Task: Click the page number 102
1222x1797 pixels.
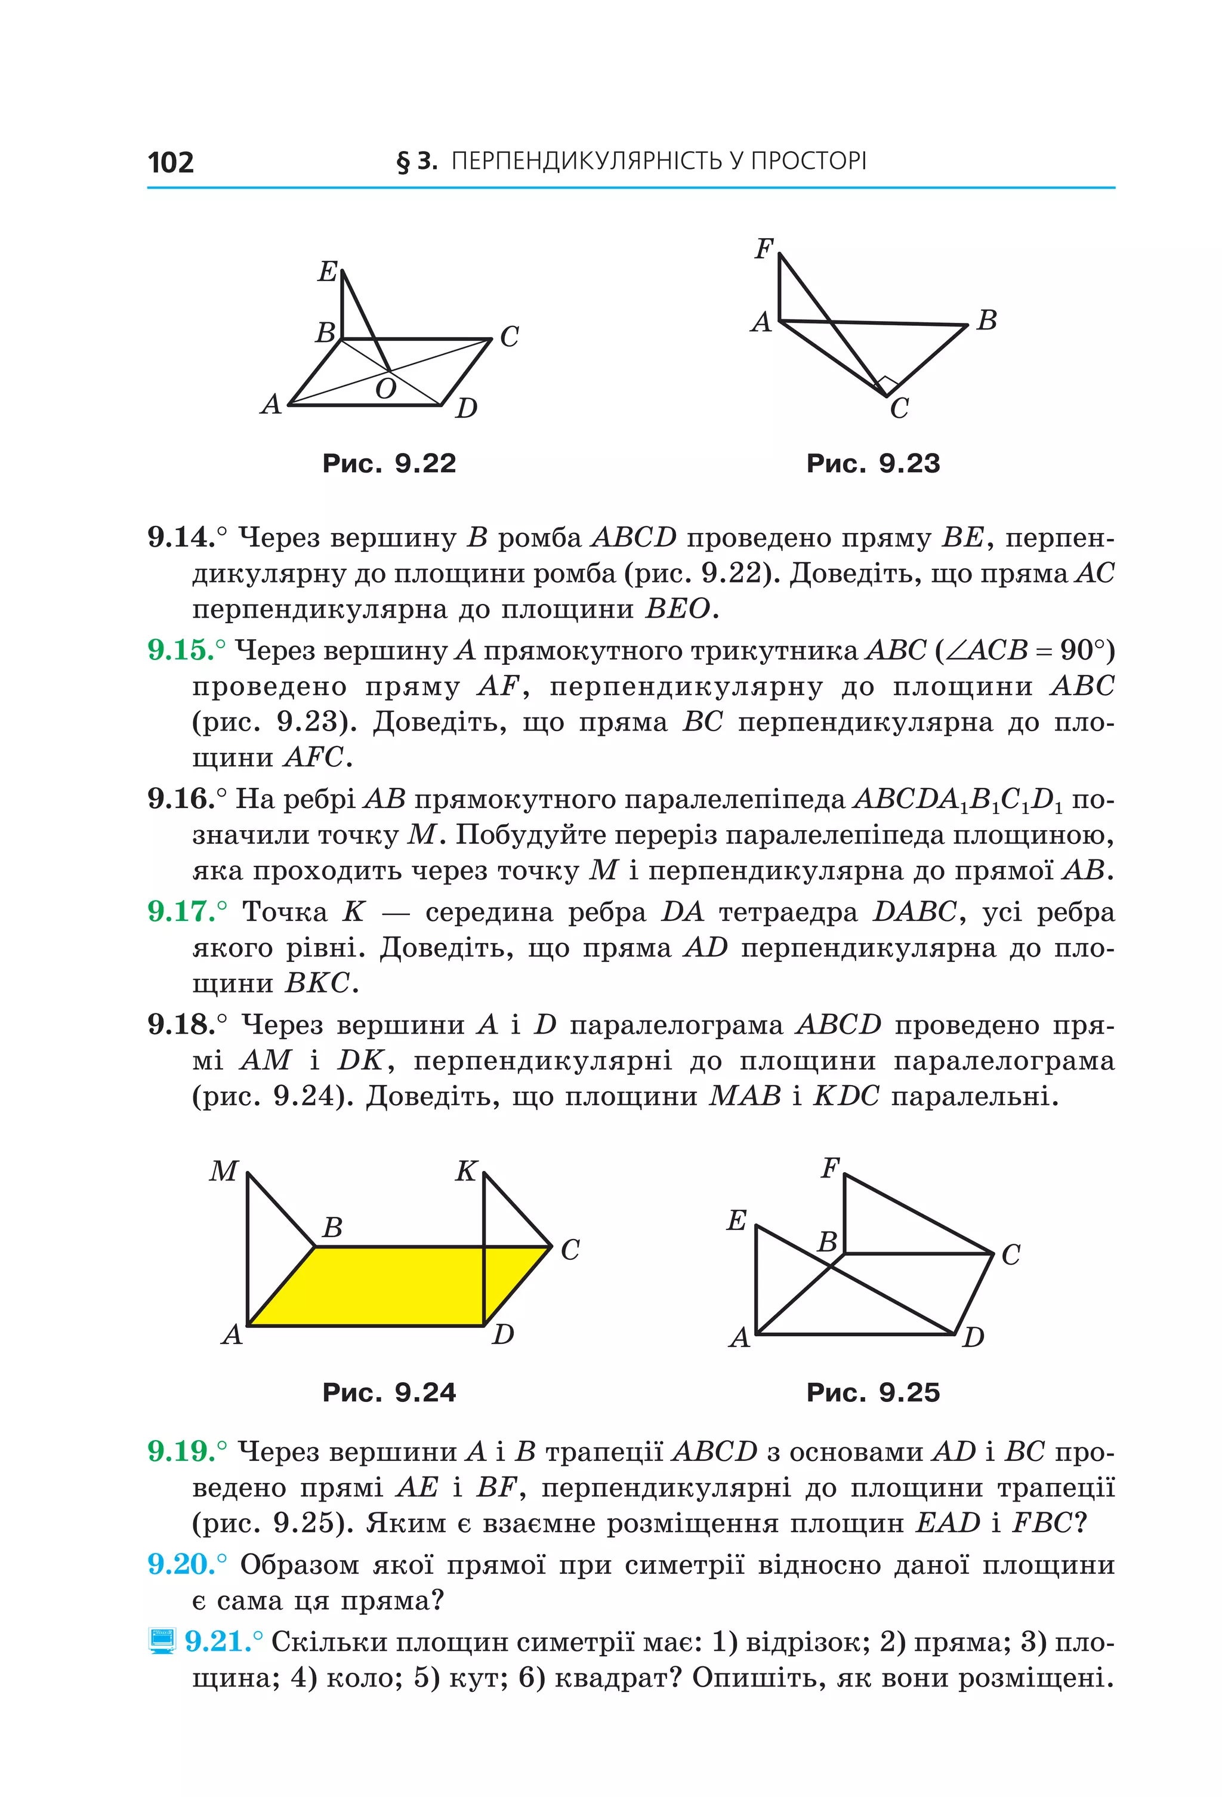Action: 170,162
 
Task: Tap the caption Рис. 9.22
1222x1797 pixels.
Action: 389,463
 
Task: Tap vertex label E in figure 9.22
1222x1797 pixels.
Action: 328,272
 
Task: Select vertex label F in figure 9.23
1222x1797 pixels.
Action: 764,249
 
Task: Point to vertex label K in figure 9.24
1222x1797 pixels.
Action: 466,1172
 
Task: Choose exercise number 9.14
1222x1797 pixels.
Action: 181,537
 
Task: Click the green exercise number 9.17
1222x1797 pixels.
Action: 181,912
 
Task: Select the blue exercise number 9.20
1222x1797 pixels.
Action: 181,1564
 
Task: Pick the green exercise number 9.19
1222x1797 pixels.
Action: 181,1451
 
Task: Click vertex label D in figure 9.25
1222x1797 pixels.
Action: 973,1337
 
